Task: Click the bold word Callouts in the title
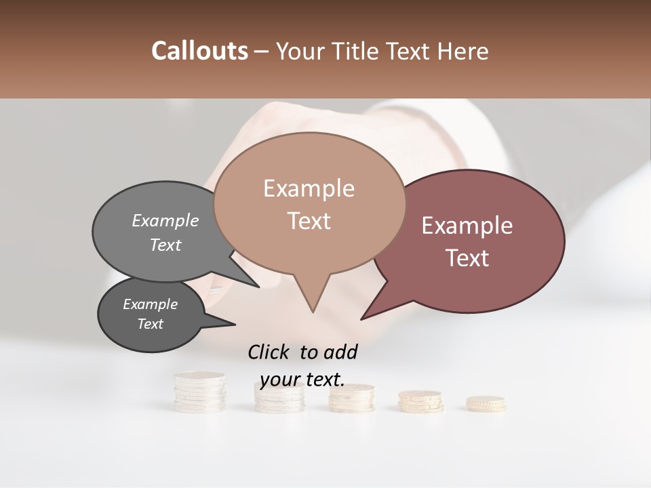click(x=199, y=51)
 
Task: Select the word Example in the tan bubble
click(x=309, y=188)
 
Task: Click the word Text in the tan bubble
click(x=309, y=220)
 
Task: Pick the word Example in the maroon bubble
click(x=467, y=226)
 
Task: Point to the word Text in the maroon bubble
click(x=467, y=258)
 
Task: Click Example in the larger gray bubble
click(x=165, y=220)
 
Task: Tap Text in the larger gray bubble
click(x=165, y=245)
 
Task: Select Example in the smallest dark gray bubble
click(x=150, y=304)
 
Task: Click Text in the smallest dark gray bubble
click(x=150, y=324)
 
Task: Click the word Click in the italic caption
click(x=270, y=352)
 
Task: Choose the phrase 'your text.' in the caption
click(x=302, y=380)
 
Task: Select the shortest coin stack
click(x=486, y=403)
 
